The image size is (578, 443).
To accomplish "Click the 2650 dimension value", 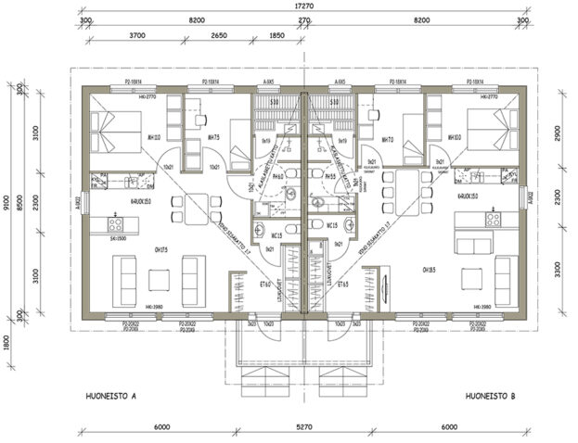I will (219, 34).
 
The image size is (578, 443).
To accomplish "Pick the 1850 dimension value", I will (276, 34).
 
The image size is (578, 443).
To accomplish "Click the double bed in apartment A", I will (117, 132).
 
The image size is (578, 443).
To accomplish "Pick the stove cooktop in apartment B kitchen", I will (493, 220).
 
